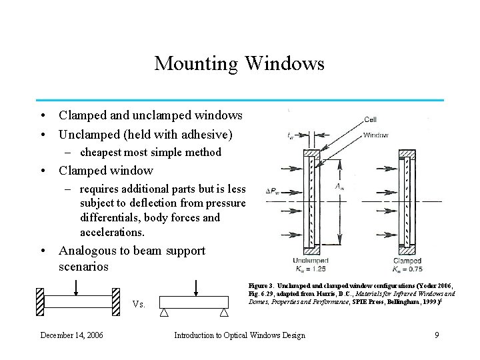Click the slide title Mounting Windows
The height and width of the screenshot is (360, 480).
coord(239,64)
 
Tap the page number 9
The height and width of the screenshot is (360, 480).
coord(437,335)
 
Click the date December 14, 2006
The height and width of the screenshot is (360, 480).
coord(71,335)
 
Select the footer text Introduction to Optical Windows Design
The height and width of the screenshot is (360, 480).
coord(239,335)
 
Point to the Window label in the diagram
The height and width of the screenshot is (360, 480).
coord(375,135)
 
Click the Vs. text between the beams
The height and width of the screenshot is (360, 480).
coord(139,305)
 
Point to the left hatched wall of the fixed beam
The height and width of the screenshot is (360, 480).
coord(40,301)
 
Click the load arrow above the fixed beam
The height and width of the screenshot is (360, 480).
coord(77,286)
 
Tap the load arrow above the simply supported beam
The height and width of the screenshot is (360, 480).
coord(196,287)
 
